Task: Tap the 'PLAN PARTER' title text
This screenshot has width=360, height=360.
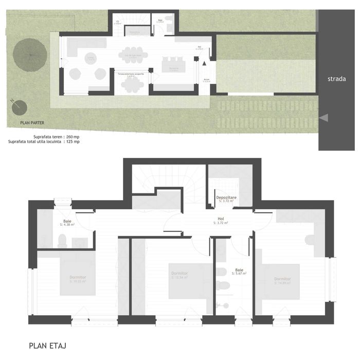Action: tap(31, 123)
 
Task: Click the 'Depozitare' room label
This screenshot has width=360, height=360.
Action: tap(226, 197)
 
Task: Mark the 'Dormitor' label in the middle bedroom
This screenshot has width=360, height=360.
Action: tap(179, 273)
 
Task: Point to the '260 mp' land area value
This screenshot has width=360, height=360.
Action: tap(73, 137)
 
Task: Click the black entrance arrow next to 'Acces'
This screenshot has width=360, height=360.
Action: tap(205, 63)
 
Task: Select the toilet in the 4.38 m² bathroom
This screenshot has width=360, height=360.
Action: tap(61, 239)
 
